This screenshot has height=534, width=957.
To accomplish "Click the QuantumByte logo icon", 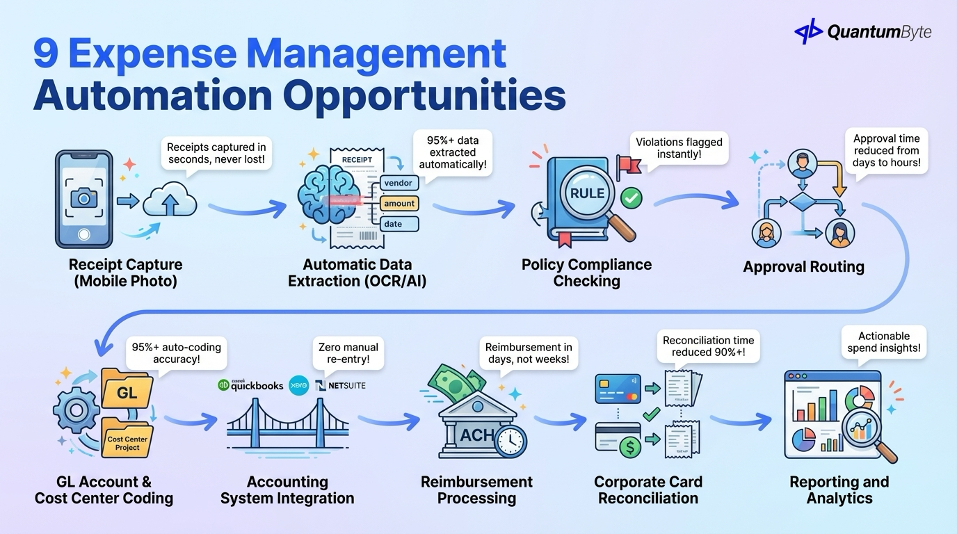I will point(807,31).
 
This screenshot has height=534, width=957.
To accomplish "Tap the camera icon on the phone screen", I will point(84,198).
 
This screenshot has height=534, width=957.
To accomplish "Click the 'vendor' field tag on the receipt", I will point(399,183).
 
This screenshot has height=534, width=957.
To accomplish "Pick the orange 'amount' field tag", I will point(399,203).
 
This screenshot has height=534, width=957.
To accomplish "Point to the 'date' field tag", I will point(394,224).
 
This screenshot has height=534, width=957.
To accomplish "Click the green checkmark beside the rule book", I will point(632,197).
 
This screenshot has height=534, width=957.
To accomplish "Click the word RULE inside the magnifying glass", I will point(587,194).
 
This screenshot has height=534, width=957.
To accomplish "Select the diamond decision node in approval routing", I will point(802,202).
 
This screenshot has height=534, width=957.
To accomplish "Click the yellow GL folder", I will point(127,391).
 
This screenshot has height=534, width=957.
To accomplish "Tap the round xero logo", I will point(298,385).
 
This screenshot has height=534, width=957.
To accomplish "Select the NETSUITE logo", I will point(340,385).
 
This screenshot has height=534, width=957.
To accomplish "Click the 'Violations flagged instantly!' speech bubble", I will point(679,147).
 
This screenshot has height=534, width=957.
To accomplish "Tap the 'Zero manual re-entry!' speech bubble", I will point(348,353).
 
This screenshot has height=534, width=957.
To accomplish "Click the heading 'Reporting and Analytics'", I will point(839,489).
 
